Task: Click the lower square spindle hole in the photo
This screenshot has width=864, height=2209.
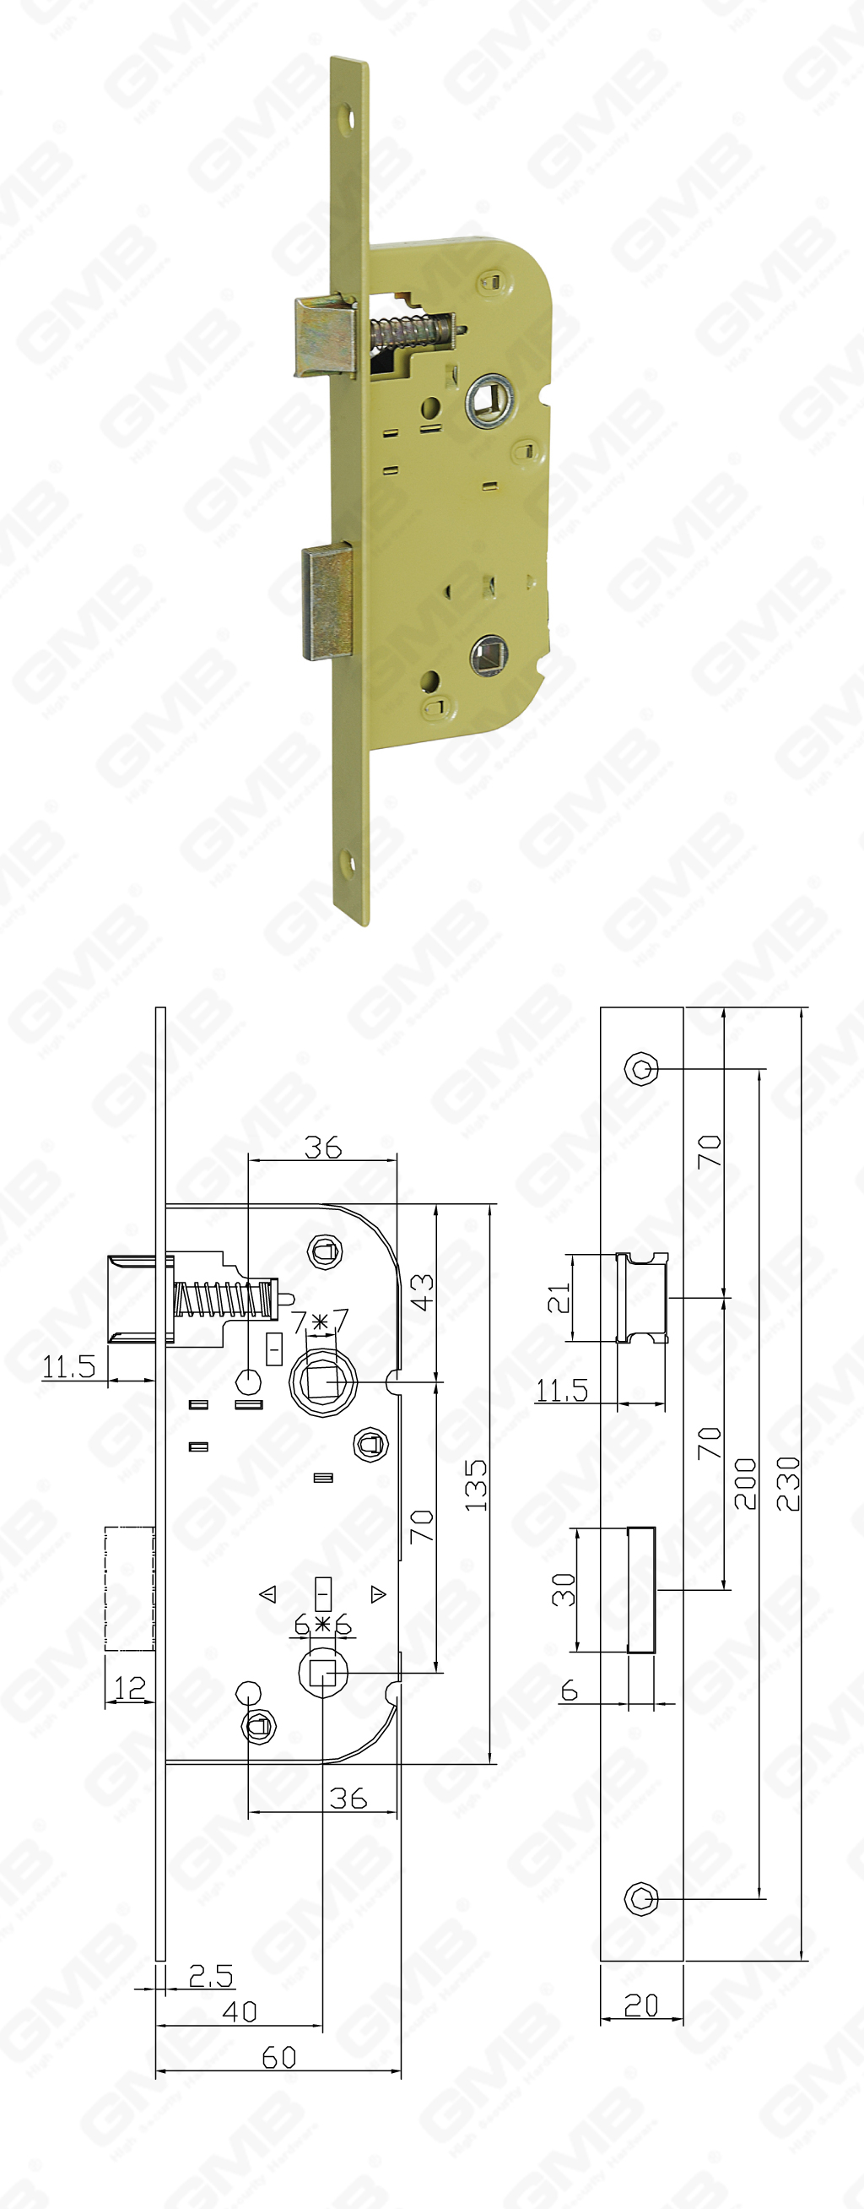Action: [x=489, y=655]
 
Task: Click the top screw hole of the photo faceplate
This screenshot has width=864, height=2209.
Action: [x=348, y=117]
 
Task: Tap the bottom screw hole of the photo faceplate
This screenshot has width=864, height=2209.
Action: [x=347, y=862]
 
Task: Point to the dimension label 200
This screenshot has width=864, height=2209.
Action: [x=745, y=1483]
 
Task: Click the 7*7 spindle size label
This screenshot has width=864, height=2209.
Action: [x=320, y=1322]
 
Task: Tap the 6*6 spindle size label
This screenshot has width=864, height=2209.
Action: [x=322, y=1624]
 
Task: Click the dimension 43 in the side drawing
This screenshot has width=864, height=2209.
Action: [x=421, y=1292]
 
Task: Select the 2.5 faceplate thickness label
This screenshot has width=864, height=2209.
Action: [x=211, y=1975]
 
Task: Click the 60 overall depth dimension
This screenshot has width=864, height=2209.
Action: [x=278, y=2056]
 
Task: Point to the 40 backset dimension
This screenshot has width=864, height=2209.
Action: [x=239, y=2011]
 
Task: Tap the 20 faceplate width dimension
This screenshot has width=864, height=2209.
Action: [x=641, y=2005]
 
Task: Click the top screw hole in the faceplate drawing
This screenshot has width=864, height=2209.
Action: [x=641, y=1069]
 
